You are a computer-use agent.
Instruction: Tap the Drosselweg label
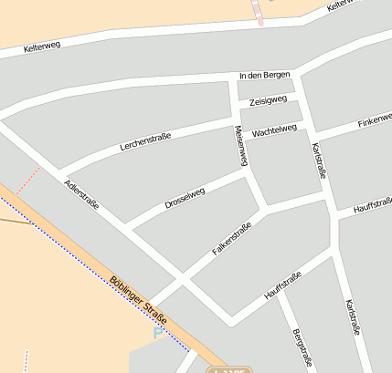click(185, 198)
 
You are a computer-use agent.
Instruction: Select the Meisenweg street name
click(242, 145)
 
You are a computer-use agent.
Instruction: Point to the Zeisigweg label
click(269, 100)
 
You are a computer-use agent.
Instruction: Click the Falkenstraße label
click(231, 238)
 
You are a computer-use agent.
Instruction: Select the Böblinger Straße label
click(138, 300)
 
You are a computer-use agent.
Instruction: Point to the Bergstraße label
click(302, 347)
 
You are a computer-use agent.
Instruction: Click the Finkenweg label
click(375, 121)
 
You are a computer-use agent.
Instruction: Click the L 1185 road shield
click(228, 369)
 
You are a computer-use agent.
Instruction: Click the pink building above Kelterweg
click(259, 11)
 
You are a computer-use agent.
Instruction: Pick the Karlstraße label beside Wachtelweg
click(318, 159)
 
